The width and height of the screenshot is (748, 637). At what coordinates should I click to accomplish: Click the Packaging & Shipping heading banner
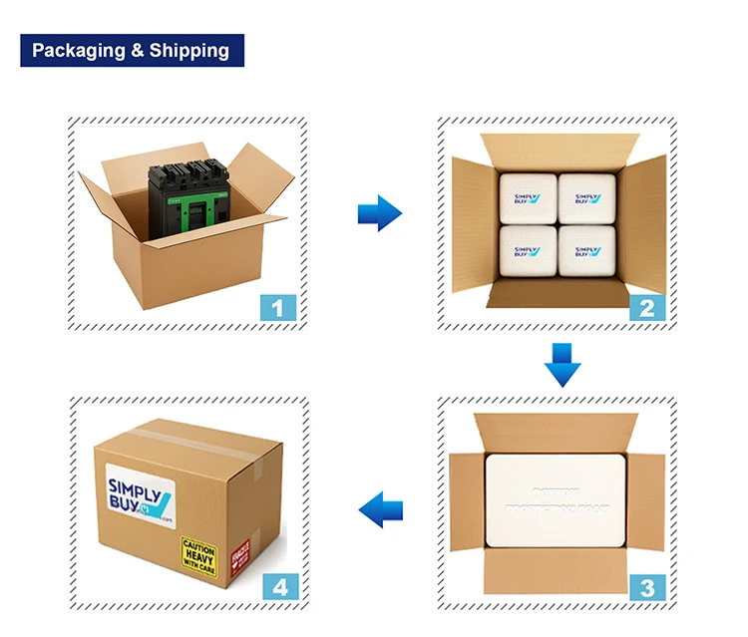point(132,51)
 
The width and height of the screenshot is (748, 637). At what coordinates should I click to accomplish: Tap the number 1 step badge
point(278,307)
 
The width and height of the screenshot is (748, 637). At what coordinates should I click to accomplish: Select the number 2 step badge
point(646,307)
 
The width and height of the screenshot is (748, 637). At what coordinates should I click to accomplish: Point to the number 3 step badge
point(646,586)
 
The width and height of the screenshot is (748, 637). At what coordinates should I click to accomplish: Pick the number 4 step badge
point(278,586)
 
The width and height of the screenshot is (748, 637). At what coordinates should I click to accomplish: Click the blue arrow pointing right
point(379,211)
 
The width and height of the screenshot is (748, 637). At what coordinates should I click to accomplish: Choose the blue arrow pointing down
point(561,364)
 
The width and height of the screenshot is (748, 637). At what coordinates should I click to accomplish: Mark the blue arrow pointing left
point(380,510)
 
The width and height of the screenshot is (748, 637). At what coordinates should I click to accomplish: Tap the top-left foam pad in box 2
point(529,198)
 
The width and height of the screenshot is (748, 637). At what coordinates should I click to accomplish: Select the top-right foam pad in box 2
point(586,198)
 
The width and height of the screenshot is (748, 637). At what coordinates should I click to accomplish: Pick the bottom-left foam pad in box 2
point(529,252)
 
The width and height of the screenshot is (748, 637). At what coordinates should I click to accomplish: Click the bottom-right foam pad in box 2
point(586,252)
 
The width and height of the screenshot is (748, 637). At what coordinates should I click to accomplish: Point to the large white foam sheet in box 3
point(557,504)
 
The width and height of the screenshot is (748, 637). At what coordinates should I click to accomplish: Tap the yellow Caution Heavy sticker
point(197,554)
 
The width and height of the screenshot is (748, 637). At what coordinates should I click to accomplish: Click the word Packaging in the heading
point(79,51)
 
